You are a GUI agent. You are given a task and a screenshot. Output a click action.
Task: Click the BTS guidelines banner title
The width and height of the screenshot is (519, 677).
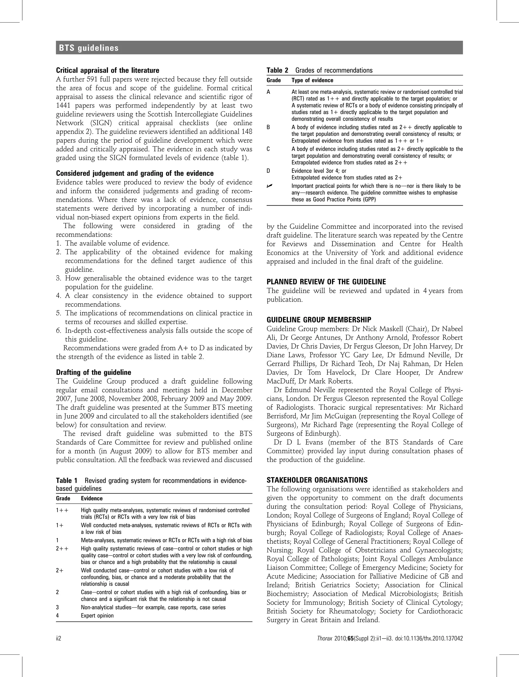tap(89, 48)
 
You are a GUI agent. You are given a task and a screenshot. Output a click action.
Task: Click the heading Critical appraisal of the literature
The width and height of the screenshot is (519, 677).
tap(107, 70)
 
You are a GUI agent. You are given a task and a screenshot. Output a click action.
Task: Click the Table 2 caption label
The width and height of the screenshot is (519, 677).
tap(277, 70)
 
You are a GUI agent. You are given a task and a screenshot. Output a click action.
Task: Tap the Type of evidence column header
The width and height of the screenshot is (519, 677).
tap(312, 80)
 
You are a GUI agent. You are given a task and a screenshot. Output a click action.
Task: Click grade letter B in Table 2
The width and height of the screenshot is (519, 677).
tap(268, 127)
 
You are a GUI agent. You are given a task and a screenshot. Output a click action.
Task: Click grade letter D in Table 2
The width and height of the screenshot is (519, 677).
tap(268, 171)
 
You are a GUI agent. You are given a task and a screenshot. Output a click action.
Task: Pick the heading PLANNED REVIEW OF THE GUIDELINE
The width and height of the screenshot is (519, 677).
tap(326, 282)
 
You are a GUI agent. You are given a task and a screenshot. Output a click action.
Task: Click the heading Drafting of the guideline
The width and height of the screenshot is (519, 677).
tap(93, 372)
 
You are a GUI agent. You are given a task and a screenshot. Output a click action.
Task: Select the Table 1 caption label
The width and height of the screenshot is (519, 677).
tap(66, 481)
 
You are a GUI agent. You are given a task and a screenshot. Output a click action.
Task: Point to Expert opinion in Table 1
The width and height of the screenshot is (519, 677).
tap(97, 615)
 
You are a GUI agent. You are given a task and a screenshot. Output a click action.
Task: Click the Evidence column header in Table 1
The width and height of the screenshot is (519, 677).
tap(91, 498)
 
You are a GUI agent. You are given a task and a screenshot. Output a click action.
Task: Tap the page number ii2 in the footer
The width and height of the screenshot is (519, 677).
tap(58, 639)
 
